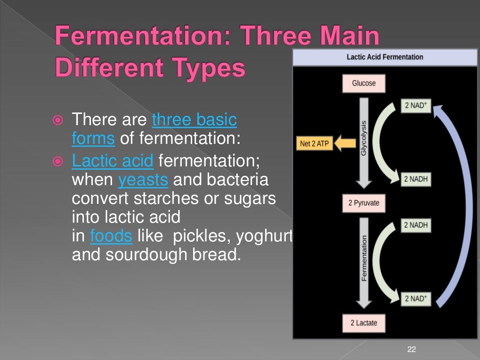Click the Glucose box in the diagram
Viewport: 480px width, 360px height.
point(364,83)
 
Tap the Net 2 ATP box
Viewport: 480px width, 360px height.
point(314,144)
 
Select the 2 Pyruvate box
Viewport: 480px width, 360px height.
point(364,203)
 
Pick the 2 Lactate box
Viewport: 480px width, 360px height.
point(363,322)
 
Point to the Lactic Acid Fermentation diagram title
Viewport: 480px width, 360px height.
point(384,57)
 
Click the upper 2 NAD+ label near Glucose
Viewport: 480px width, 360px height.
point(416,105)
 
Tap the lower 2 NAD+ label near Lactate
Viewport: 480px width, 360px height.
point(416,299)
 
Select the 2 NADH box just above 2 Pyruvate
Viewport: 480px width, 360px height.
point(416,180)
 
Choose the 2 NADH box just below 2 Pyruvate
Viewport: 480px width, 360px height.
point(416,225)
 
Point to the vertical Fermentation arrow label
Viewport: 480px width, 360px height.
point(364,258)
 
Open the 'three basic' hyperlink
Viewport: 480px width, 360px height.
point(195,120)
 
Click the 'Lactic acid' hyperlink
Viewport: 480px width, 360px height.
point(112,161)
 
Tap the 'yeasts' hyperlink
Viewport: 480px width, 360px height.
point(142,180)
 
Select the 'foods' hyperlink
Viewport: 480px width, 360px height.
point(111,236)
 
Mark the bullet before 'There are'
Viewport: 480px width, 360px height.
point(58,120)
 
